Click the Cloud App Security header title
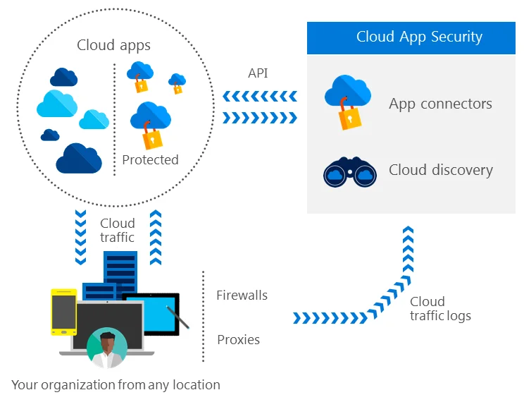coord(419,37)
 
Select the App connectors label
coord(440,104)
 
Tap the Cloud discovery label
coord(441,170)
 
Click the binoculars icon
coord(350,172)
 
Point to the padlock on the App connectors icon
coord(349,117)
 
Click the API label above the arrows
coord(258,73)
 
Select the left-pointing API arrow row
coord(260,97)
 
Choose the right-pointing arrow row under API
coord(260,118)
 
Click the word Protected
coord(150,160)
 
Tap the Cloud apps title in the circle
coord(113,45)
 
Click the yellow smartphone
coord(63,312)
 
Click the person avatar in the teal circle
coord(106,348)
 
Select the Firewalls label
coord(242,296)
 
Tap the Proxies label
coord(238,340)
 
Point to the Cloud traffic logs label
coord(440,309)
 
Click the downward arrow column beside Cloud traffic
coord(80,237)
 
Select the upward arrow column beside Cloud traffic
coord(156,237)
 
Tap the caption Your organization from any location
coord(116,385)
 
